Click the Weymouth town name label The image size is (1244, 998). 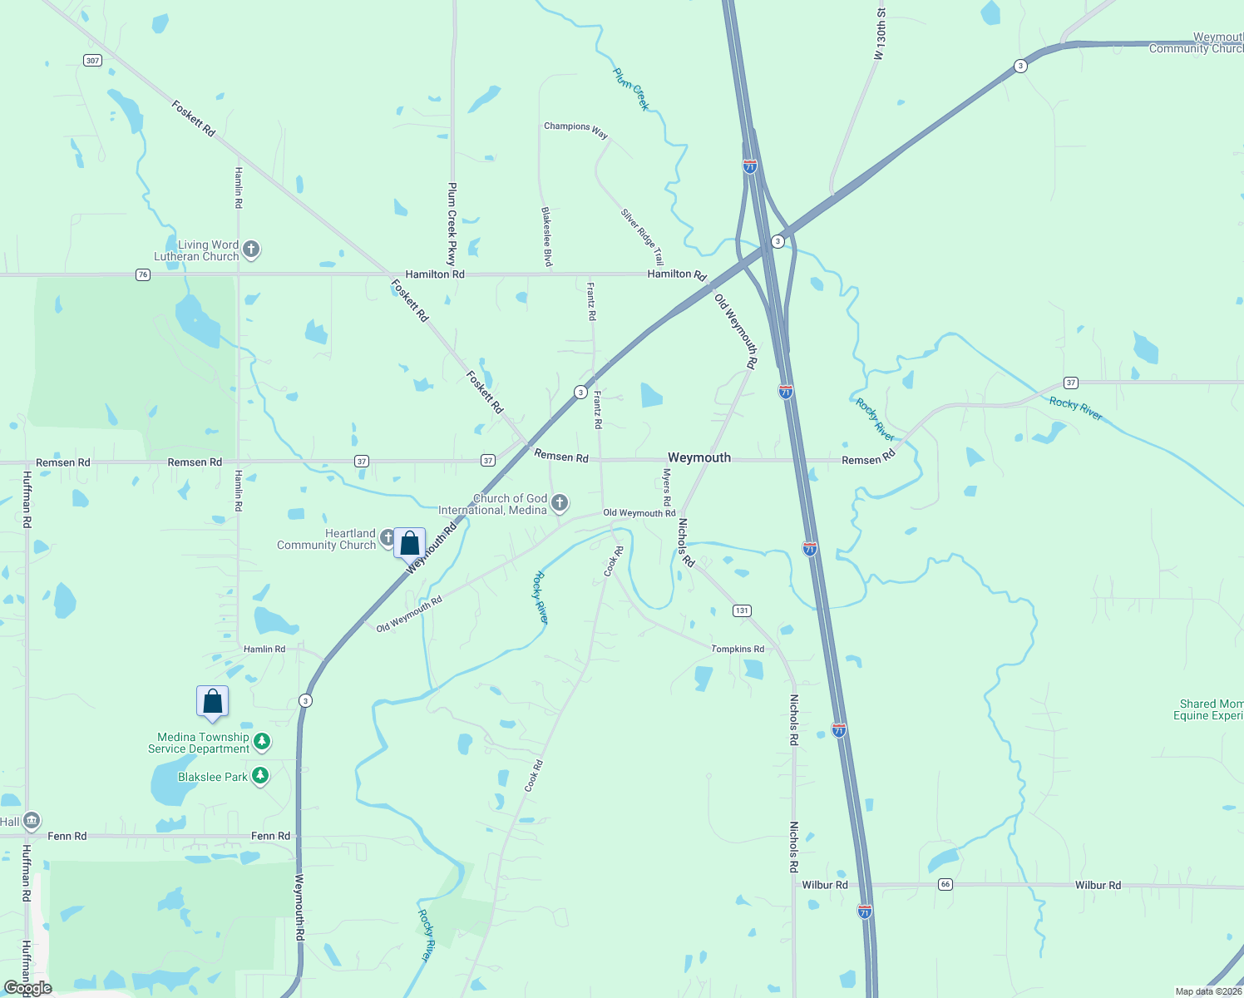699,457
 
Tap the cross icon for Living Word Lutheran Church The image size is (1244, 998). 251,249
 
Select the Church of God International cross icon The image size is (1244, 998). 560,502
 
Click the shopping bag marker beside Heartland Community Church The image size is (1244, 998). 409,543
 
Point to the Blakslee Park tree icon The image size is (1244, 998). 260,776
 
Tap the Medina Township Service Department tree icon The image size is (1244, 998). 262,740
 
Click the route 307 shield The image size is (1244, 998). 92,60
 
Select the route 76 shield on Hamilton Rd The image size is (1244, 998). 143,274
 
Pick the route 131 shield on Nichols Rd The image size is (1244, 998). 742,610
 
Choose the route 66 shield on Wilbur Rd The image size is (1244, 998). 945,884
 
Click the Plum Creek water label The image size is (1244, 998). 631,90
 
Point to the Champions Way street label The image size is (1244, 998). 575,129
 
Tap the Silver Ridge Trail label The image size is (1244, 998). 642,236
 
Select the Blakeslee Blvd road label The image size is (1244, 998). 547,237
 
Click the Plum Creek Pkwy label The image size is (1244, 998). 452,223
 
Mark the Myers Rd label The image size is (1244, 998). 666,487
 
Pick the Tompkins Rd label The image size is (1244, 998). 738,649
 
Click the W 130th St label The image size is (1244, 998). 881,35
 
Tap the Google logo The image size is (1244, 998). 28,988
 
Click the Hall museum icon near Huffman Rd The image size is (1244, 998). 32,821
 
